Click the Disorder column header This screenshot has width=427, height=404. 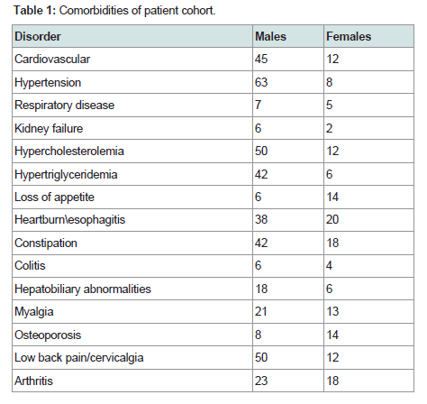[38, 37]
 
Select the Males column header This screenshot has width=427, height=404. [270, 37]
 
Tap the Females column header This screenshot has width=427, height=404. [349, 37]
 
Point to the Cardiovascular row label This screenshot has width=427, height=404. [52, 59]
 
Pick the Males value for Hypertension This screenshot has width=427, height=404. [261, 82]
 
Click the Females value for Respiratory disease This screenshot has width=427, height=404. [330, 105]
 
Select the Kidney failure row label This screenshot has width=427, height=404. [49, 128]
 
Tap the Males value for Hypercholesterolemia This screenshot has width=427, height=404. [261, 151]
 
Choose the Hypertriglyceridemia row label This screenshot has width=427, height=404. [66, 175]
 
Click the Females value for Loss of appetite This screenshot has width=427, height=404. [332, 197]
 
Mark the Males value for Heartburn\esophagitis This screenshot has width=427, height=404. [261, 219]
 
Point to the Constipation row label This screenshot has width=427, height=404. [46, 243]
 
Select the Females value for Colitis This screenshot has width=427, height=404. [330, 265]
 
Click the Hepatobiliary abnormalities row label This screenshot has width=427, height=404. [83, 289]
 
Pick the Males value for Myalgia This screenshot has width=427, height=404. [261, 311]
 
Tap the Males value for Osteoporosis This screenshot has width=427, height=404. [259, 335]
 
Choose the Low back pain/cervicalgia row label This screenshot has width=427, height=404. [79, 358]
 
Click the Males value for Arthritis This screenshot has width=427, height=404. [261, 381]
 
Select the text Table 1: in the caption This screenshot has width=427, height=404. [35, 11]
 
